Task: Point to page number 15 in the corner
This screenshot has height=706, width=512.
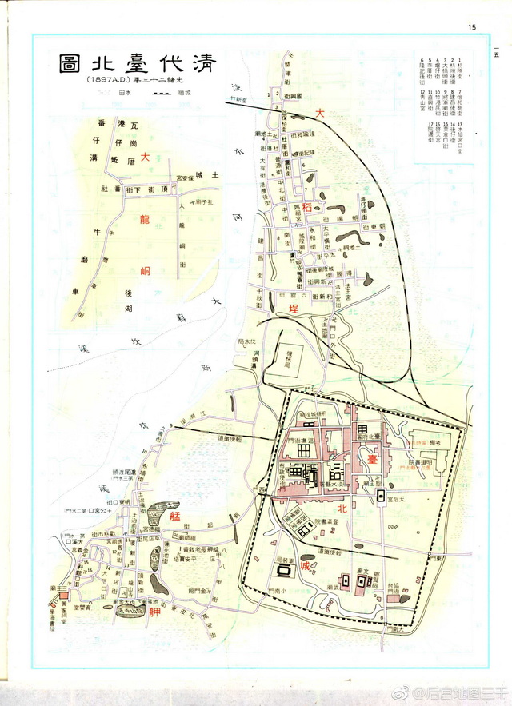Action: pos(472,28)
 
